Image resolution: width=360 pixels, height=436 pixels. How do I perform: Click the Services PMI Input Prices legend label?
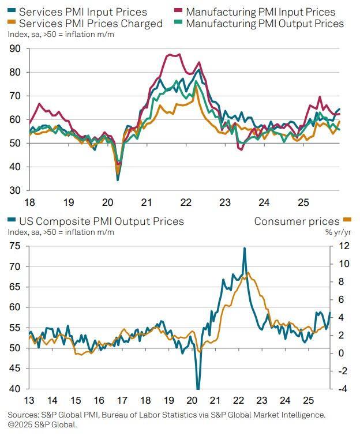pyautogui.click(x=82, y=12)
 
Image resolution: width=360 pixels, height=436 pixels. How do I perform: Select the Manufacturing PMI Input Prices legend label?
pyautogui.click(x=260, y=12)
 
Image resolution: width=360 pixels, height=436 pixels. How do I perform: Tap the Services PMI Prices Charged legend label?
pyautogui.click(x=91, y=24)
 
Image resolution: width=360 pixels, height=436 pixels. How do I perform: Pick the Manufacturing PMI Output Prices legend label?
pyautogui.click(x=265, y=24)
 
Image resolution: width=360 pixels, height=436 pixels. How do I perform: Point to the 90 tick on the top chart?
pyautogui.click(x=15, y=49)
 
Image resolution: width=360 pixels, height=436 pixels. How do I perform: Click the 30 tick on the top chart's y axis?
pyautogui.click(x=15, y=190)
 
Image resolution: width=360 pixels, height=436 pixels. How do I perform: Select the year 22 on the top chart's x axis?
pyautogui.click(x=185, y=203)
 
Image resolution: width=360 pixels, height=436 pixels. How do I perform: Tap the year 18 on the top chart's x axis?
pyautogui.click(x=29, y=203)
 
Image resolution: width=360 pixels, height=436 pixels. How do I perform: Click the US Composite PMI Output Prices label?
pyautogui.click(x=101, y=221)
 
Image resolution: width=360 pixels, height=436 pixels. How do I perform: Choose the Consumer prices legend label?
pyautogui.click(x=297, y=221)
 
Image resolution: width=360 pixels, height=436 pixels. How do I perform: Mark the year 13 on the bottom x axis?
pyautogui.click(x=29, y=400)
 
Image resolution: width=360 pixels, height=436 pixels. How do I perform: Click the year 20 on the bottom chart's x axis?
pyautogui.click(x=192, y=400)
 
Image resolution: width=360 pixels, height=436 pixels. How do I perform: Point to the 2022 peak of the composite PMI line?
pyautogui.click(x=245, y=248)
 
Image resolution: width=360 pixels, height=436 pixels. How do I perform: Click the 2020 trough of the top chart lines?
pyautogui.click(x=118, y=180)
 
